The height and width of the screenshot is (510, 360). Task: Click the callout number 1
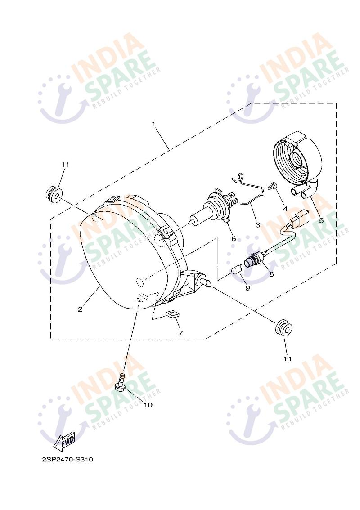[x=153, y=124]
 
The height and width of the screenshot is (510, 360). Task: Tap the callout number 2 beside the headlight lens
[x=80, y=309]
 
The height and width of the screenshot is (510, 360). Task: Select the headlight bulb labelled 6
[x=213, y=211]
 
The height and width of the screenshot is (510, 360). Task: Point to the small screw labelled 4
[x=272, y=186]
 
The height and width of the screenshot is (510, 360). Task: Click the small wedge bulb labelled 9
[x=236, y=270]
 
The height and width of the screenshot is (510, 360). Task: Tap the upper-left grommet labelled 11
[x=52, y=194]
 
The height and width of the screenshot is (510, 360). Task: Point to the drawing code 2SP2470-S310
[x=67, y=460]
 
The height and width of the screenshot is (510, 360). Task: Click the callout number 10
[x=148, y=405]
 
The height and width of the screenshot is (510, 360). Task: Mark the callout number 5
[x=321, y=220]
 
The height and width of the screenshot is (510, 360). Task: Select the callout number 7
[x=180, y=333]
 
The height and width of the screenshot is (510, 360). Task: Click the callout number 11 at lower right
[x=287, y=359]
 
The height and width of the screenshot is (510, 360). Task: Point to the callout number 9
[x=247, y=288]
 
